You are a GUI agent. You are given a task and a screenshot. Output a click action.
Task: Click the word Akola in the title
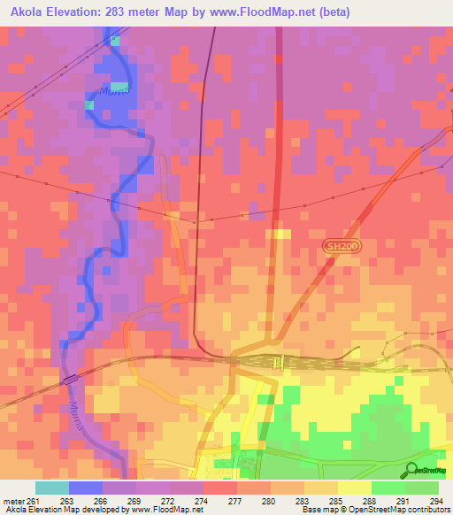click(x=31, y=12)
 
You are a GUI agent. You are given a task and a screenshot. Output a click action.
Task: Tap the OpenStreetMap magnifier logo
click(x=413, y=471)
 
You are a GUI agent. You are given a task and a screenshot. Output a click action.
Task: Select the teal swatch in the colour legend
click(x=51, y=488)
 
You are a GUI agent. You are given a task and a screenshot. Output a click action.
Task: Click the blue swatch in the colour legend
click(x=85, y=488)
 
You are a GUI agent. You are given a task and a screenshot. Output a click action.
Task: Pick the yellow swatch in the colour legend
click(x=354, y=488)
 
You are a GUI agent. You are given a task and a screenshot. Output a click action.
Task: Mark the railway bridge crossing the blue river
click(x=70, y=378)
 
